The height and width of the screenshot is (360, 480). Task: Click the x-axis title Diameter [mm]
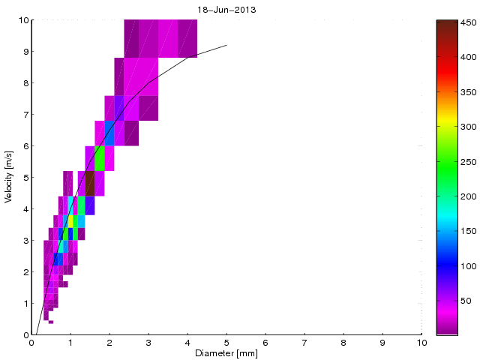coord(226,353)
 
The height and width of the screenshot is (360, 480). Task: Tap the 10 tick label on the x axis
coord(421,342)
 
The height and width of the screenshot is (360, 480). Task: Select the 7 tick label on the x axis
coord(304,342)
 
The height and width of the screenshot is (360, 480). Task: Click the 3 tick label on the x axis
coord(148,342)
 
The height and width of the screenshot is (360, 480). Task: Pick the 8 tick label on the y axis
coord(25,83)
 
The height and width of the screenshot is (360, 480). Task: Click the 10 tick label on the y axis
coord(22,20)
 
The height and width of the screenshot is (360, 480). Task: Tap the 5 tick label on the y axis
coord(25,178)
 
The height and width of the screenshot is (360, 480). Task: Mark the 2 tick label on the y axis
coord(25,272)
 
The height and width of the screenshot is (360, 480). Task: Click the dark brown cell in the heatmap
coord(90,183)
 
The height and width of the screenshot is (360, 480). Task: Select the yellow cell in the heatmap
coord(70,221)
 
